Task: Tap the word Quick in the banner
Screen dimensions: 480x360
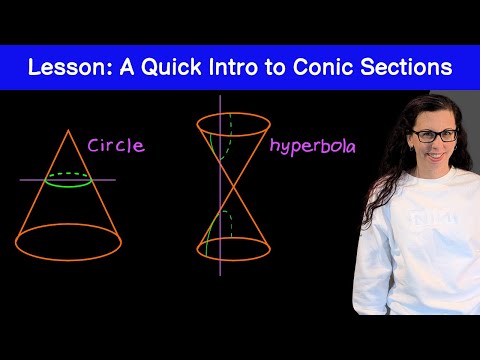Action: click(171, 68)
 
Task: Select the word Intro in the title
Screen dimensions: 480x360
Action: click(233, 67)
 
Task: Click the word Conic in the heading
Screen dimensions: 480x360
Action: click(323, 67)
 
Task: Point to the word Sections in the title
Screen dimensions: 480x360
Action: click(406, 67)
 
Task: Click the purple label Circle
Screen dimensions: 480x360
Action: click(116, 146)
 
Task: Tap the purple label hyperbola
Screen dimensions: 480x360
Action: click(313, 147)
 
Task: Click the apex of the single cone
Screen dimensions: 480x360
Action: click(68, 130)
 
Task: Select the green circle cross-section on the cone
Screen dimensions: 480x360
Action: click(68, 186)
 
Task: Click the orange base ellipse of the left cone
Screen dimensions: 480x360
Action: click(68, 260)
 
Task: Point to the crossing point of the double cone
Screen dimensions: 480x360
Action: click(233, 187)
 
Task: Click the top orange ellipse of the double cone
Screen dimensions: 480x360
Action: click(233, 136)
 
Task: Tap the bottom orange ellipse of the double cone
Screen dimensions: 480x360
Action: click(233, 261)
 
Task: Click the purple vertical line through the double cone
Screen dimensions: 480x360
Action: click(220, 185)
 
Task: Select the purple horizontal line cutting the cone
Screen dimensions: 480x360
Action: click(68, 180)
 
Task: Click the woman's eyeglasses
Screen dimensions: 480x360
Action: click(434, 136)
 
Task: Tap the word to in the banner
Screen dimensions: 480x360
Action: click(275, 68)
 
